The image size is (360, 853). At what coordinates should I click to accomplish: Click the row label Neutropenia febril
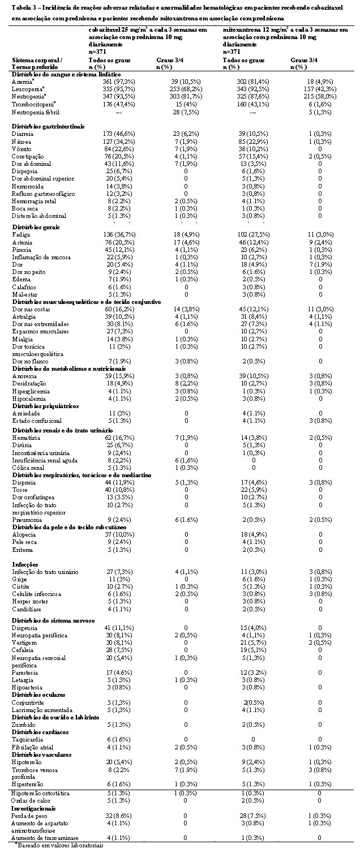[x=32, y=113]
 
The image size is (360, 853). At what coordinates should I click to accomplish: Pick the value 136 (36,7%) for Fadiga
[x=101, y=234]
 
